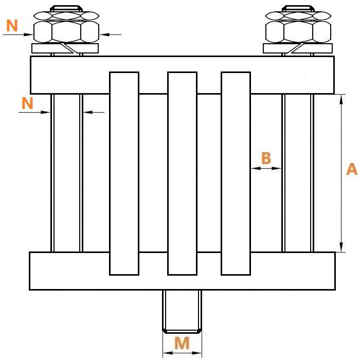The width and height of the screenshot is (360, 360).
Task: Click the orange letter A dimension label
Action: click(352, 169)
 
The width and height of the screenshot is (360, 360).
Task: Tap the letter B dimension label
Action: click(266, 158)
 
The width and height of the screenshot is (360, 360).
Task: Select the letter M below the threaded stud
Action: click(182, 343)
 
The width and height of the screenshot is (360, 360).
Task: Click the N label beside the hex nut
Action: click(12, 26)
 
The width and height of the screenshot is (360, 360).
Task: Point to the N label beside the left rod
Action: click(27, 103)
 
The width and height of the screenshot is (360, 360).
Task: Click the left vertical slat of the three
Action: click(124, 173)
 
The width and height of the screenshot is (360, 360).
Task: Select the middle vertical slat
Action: click(182, 173)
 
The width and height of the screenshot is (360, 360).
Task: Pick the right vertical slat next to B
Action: click(236, 173)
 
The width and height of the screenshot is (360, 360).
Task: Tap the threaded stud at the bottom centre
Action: click(182, 311)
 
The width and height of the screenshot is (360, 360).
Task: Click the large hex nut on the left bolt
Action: click(66, 32)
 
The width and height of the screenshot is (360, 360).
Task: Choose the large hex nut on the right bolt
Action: click(298, 32)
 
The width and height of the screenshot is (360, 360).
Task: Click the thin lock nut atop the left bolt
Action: click(66, 15)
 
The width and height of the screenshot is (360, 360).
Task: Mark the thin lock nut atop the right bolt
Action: click(298, 15)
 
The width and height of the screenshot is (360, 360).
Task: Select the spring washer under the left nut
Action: click(65, 48)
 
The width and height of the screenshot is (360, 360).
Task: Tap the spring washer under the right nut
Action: click(298, 48)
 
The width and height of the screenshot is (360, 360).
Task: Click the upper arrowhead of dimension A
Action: click(341, 99)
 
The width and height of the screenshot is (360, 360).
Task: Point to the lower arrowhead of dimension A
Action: click(341, 247)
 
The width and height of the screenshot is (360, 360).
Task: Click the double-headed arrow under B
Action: click(266, 168)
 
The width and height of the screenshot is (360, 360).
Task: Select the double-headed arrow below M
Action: click(182, 353)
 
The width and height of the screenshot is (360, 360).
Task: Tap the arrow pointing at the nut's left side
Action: click(18, 34)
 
